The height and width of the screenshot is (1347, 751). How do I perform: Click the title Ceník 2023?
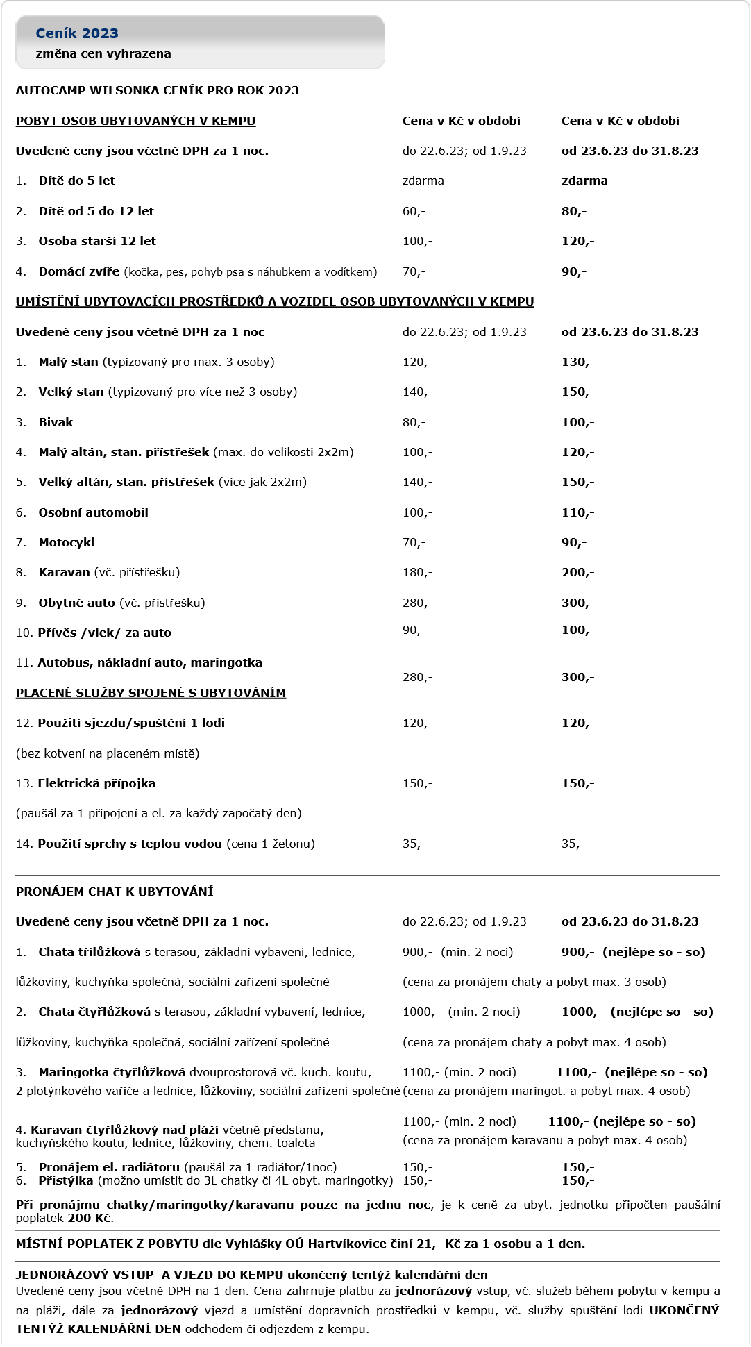click(77, 33)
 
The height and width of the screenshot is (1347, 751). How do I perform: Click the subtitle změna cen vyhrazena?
click(103, 53)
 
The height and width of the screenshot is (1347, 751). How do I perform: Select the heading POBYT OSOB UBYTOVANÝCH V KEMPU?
click(135, 121)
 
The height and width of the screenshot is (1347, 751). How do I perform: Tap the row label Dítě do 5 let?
click(76, 181)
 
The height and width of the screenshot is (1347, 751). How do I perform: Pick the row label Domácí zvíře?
click(78, 271)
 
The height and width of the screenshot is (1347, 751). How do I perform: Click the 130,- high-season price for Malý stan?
click(577, 362)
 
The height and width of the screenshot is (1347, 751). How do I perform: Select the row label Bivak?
click(56, 422)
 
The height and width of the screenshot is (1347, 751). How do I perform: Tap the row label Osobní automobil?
click(93, 512)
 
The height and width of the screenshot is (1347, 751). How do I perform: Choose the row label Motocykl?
click(66, 542)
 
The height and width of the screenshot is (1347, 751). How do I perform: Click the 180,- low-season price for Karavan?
click(417, 572)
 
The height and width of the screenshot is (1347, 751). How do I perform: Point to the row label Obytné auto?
click(76, 603)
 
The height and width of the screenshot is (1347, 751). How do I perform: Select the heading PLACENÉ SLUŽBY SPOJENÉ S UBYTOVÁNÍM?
click(151, 693)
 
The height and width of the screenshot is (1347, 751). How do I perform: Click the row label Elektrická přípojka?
click(96, 783)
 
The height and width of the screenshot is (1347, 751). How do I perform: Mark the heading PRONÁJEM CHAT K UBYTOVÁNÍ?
click(115, 892)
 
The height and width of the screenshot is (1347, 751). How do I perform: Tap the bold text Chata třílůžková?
click(90, 952)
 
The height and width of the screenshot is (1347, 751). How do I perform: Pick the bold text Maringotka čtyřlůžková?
click(112, 1072)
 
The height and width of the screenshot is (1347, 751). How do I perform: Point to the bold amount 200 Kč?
click(90, 1218)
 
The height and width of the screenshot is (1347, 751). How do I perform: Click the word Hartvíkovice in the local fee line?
click(344, 1244)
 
